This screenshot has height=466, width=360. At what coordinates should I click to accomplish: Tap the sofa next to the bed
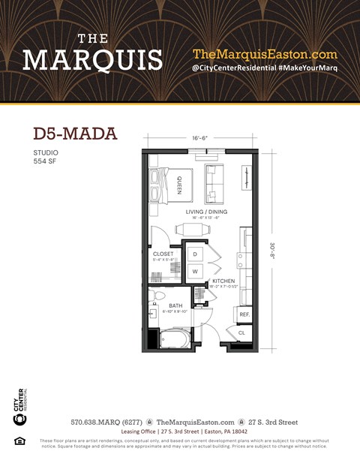(x=216, y=185)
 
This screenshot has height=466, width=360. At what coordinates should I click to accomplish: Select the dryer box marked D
(x=195, y=254)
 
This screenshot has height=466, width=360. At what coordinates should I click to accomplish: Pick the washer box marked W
(x=195, y=271)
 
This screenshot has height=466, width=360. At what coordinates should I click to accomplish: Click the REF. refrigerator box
(x=244, y=314)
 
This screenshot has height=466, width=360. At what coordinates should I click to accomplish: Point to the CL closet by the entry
(x=241, y=332)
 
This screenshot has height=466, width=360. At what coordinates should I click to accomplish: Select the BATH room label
(x=175, y=305)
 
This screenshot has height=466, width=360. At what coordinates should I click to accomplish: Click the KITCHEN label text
(x=223, y=281)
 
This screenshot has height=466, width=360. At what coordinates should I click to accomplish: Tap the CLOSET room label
(x=163, y=254)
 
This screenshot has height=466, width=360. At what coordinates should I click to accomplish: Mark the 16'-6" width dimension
(x=200, y=138)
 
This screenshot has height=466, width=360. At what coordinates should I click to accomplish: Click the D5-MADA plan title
(x=75, y=134)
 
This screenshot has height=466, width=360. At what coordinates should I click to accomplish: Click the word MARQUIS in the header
(x=92, y=59)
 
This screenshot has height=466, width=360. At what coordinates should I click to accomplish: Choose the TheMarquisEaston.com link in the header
(x=265, y=54)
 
